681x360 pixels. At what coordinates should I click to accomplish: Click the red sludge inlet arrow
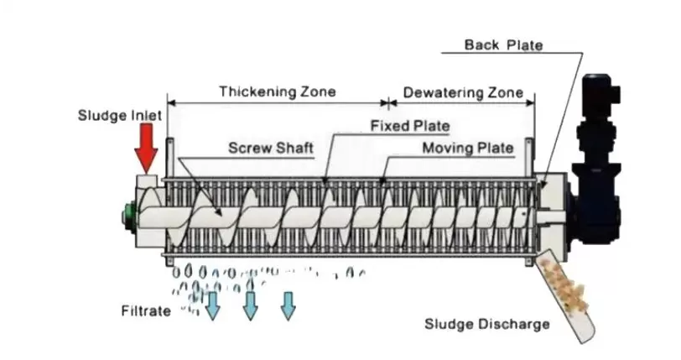147,144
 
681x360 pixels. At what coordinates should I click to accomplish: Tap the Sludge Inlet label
114,114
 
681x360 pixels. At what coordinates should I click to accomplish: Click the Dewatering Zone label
462,91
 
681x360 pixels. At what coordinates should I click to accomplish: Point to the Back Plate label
503,44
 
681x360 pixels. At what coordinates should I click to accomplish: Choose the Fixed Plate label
409,126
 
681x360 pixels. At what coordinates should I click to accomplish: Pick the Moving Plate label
467,149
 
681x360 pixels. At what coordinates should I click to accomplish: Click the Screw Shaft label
271,149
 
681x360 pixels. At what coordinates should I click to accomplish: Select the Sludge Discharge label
486,324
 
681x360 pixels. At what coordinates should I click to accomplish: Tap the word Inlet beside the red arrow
134,114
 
